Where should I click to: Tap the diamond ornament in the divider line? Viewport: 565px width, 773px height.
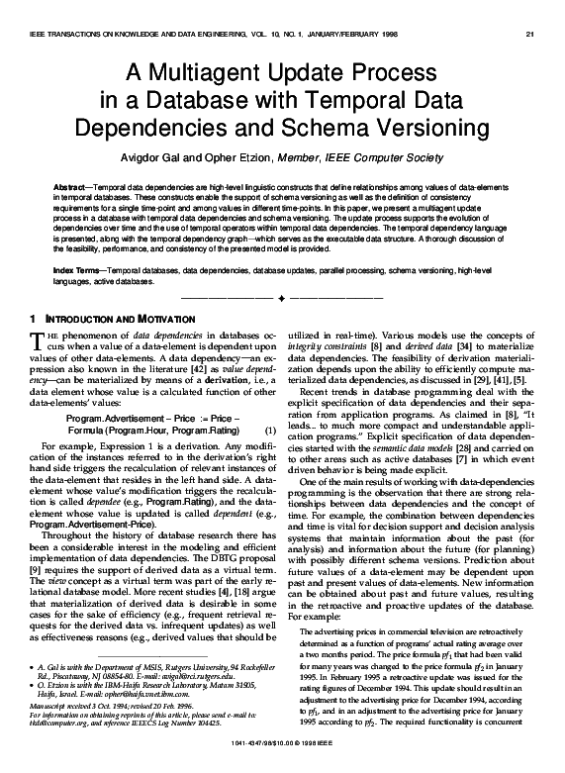pyautogui.click(x=282, y=296)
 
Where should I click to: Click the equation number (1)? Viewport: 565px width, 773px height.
pyautogui.click(x=269, y=432)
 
